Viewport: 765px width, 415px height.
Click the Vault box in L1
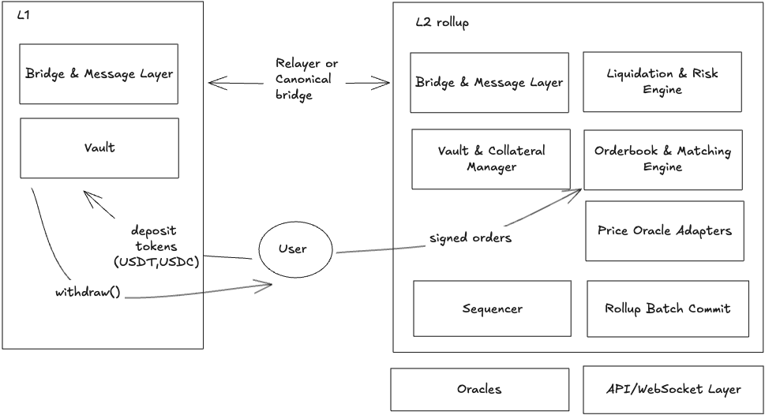pos(99,148)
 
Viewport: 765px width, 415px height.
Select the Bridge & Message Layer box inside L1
pos(99,74)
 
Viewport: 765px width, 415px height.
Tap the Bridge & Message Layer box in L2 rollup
pos(489,83)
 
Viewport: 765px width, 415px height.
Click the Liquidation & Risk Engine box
pos(662,81)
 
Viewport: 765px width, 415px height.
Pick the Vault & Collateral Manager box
pos(490,159)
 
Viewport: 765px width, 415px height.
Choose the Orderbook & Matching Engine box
pos(662,159)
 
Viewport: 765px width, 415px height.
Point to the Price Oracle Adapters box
pos(664,230)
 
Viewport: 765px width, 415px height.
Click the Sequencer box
pos(492,308)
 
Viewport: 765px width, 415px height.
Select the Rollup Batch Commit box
pos(667,308)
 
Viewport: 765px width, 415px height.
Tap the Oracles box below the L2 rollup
pos(479,389)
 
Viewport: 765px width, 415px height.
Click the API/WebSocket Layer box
pos(673,389)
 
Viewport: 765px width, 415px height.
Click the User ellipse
pos(292,249)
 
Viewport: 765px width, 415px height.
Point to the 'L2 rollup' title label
pos(442,23)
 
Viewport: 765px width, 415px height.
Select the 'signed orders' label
pos(471,237)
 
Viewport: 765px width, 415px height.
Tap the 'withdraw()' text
pos(87,292)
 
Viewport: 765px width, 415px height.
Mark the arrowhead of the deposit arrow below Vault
pos(88,196)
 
